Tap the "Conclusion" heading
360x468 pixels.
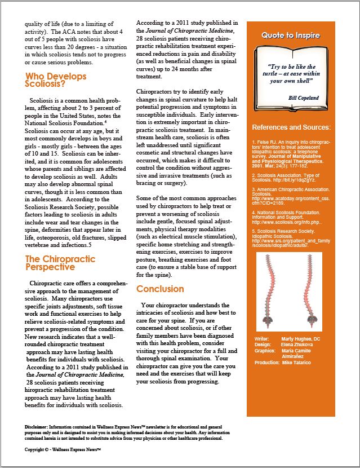[160, 289]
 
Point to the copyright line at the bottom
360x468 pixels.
[63, 449]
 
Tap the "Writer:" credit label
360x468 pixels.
[261, 338]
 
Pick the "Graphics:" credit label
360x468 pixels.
[264, 350]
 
